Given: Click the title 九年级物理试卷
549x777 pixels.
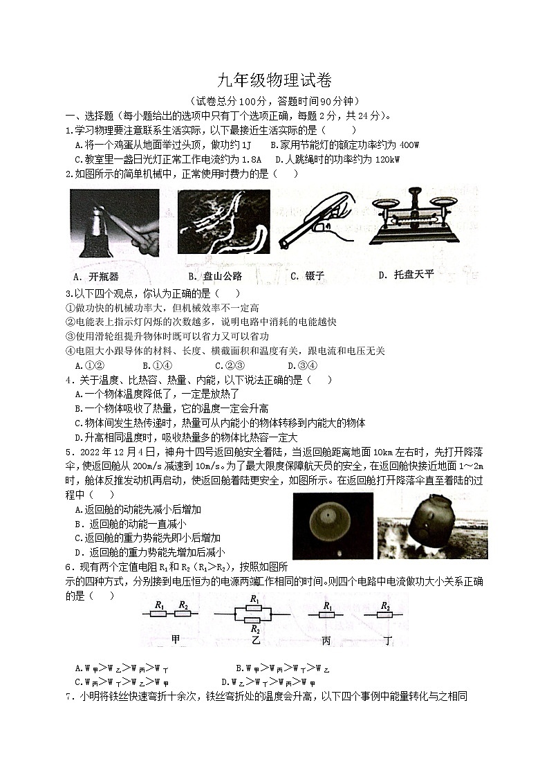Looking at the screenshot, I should [274, 82].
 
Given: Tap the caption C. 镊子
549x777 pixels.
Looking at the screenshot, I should [307, 276].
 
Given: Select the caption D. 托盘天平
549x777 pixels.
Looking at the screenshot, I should [406, 275].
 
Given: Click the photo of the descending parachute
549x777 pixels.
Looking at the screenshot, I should [333, 526].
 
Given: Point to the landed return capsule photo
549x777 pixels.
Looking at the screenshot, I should [432, 526].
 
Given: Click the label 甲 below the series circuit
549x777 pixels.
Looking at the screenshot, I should [175, 640].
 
